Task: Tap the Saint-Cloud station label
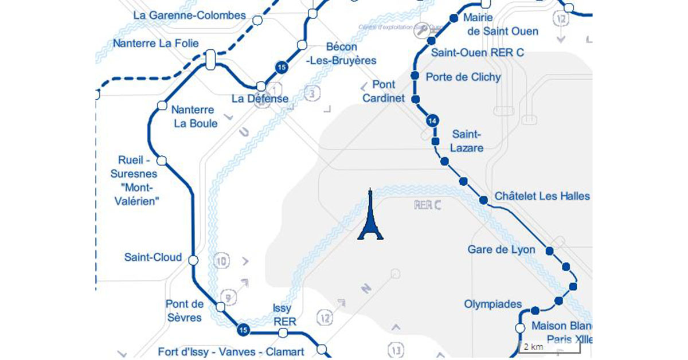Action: tap(153, 257)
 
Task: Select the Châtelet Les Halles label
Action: tap(542, 196)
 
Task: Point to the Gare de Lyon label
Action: tap(501, 249)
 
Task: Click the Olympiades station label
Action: tap(493, 304)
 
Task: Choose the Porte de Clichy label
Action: tap(463, 77)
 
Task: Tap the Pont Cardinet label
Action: tap(384, 92)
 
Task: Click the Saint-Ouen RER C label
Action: tap(478, 52)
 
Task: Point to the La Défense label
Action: tap(260, 99)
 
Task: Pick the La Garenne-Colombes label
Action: tap(189, 15)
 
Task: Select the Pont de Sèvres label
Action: tap(185, 310)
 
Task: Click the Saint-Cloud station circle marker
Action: tap(193, 260)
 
